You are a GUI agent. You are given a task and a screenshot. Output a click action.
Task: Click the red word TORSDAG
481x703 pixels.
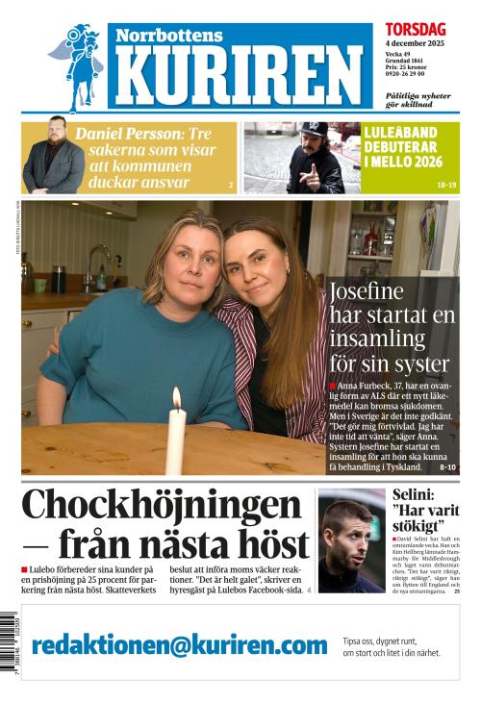pyautogui.click(x=415, y=30)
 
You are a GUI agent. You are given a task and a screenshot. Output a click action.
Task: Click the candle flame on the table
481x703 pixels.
pyautogui.click(x=176, y=398)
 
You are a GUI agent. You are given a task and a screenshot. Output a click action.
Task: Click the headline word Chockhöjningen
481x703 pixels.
pyautogui.click(x=162, y=507)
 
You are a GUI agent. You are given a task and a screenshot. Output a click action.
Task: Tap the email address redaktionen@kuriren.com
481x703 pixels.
pyautogui.click(x=180, y=644)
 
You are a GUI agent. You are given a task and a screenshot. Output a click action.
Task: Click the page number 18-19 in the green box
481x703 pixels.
pyautogui.click(x=447, y=183)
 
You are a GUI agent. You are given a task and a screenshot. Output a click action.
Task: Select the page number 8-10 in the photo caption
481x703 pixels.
pyautogui.click(x=447, y=467)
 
